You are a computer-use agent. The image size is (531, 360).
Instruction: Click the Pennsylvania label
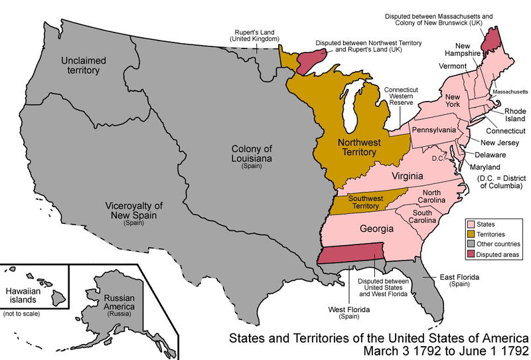[x=433, y=130]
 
